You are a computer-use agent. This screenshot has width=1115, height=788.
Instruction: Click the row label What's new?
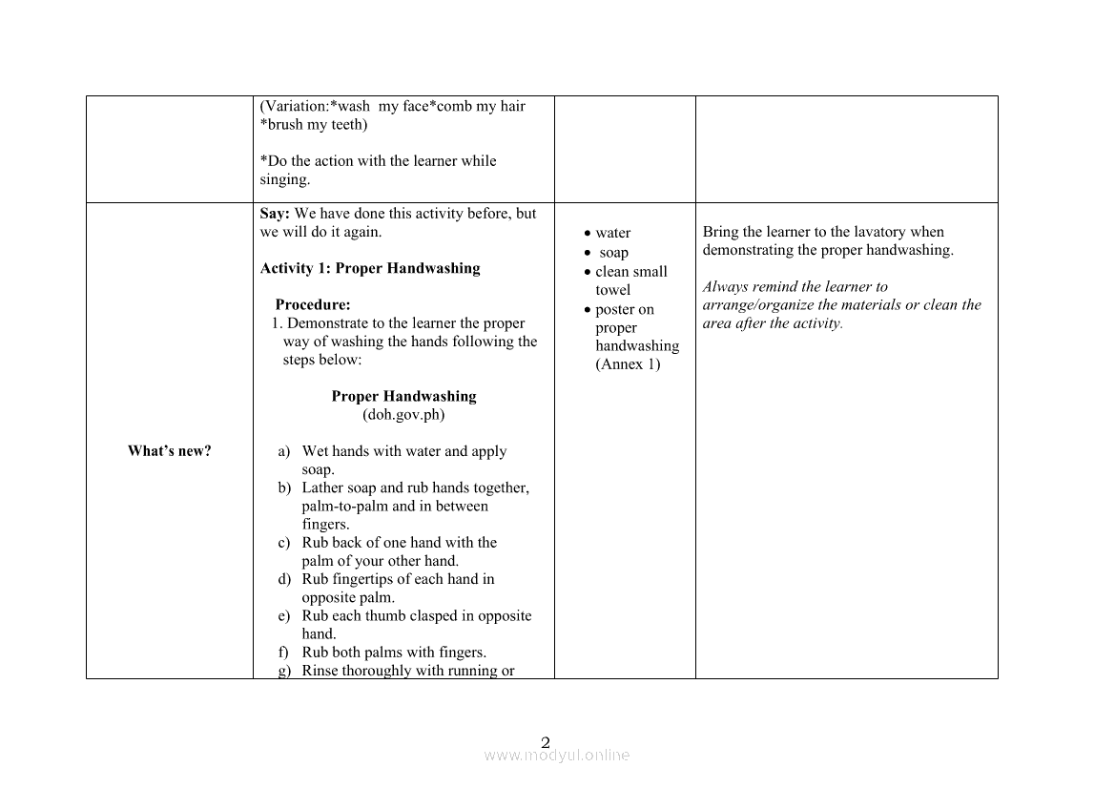pyautogui.click(x=169, y=451)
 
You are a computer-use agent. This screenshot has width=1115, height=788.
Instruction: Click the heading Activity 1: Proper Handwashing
pyautogui.click(x=370, y=268)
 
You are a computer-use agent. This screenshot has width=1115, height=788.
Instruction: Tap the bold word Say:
pyautogui.click(x=275, y=214)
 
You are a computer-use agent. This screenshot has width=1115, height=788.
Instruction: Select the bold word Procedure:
pyautogui.click(x=313, y=305)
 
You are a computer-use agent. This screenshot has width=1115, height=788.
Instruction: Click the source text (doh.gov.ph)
pyautogui.click(x=403, y=415)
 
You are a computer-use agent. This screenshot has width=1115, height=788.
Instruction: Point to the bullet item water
pyautogui.click(x=612, y=233)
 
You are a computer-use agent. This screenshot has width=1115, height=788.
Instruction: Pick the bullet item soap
pyautogui.click(x=613, y=253)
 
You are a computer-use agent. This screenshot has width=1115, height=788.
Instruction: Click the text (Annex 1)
pyautogui.click(x=628, y=364)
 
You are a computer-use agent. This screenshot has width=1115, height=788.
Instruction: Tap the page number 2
pyautogui.click(x=546, y=742)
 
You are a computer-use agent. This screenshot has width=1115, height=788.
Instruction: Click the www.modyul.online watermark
pyautogui.click(x=557, y=756)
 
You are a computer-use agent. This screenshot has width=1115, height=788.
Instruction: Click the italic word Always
pyautogui.click(x=725, y=286)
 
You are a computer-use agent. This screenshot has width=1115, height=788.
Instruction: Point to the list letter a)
pyautogui.click(x=284, y=451)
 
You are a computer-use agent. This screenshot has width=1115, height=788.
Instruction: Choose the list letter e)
pyautogui.click(x=284, y=616)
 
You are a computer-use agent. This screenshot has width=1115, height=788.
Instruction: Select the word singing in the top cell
pyautogui.click(x=283, y=179)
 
